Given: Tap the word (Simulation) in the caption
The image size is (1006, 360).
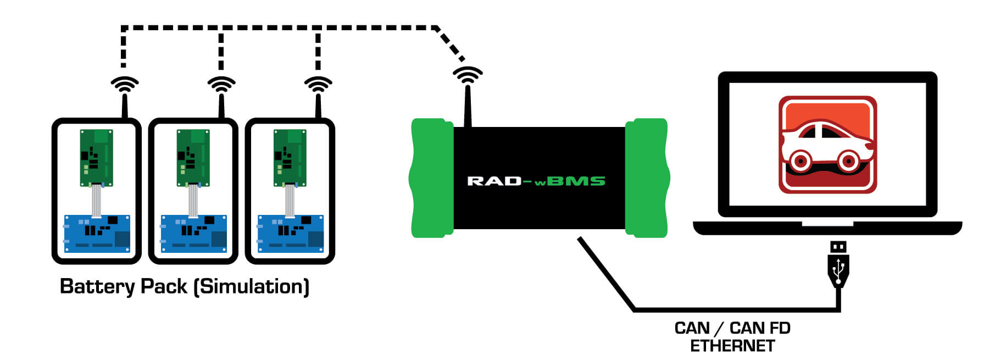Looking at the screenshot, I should (252, 286).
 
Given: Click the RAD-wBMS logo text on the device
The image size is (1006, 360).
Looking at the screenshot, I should (536, 181).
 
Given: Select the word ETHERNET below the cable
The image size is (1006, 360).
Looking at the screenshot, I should (732, 346).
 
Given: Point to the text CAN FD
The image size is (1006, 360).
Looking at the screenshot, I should (760, 328).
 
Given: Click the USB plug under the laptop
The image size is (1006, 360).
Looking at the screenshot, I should (838, 264).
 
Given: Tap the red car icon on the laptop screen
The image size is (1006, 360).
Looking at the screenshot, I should (827, 144).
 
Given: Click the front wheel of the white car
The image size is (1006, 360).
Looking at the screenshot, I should (848, 161).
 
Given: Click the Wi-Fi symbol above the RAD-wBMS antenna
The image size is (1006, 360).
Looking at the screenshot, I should (468, 75).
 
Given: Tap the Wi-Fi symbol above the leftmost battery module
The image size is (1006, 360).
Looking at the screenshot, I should (125, 85).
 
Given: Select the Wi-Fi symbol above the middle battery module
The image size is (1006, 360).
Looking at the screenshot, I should (221, 85).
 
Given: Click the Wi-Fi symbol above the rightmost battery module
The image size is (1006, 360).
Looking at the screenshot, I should (318, 85).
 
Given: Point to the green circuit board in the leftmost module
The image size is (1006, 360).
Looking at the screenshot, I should (97, 158).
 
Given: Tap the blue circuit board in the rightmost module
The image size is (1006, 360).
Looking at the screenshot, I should (290, 234).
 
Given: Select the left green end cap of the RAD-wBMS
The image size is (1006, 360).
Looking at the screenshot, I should (431, 178).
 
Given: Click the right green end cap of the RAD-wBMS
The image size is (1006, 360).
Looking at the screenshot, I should (647, 178).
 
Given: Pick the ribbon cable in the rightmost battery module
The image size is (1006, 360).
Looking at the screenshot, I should (290, 201).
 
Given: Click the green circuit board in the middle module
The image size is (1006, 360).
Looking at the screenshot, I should (193, 158).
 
